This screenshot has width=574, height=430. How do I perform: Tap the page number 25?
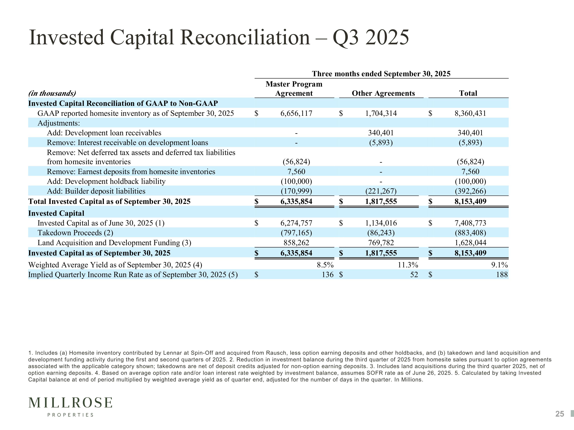[x=560, y=414]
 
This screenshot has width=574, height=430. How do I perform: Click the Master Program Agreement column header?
[x=294, y=89]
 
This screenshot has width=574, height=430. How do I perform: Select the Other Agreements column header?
[x=383, y=93]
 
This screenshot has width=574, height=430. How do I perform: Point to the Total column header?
[x=468, y=93]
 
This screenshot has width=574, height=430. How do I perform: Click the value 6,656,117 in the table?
[x=296, y=113]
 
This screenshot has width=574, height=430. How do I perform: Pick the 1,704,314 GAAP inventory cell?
[x=381, y=113]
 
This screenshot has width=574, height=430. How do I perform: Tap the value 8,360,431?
[x=470, y=113]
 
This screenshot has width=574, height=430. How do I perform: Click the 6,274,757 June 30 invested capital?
[x=296, y=223]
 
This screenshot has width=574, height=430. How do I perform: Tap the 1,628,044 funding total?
[x=470, y=243]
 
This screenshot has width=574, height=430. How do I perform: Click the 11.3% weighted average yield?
[x=408, y=265]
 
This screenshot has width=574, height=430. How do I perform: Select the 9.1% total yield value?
[x=500, y=265]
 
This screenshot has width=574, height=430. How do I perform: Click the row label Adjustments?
[x=59, y=123]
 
